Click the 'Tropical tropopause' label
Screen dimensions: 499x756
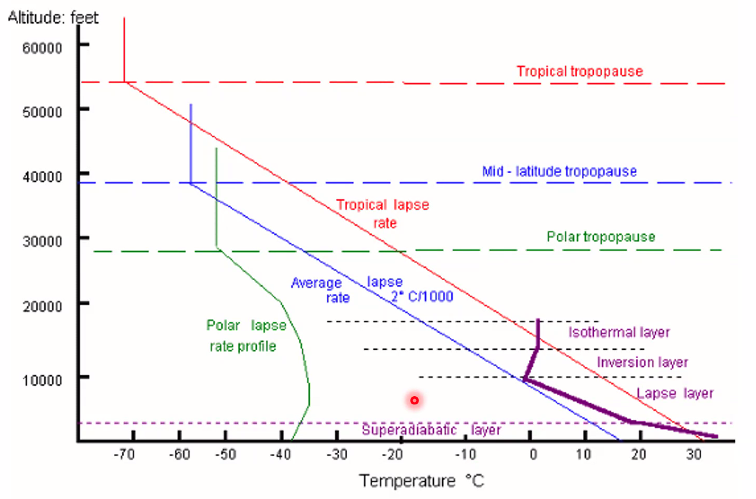click(x=579, y=71)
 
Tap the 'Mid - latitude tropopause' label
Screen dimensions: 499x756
click(x=559, y=171)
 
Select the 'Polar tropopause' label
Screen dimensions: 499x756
click(x=601, y=237)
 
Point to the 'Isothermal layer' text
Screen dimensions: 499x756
click(x=619, y=332)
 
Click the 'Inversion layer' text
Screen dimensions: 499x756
click(x=642, y=362)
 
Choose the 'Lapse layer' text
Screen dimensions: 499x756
click(x=675, y=393)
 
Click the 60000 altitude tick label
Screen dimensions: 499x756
click(x=42, y=47)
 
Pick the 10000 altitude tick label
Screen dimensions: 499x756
click(x=42, y=379)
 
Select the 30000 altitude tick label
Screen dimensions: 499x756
click(x=42, y=241)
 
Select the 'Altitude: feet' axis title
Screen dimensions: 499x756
click(x=53, y=17)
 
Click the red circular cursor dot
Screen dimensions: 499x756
click(x=414, y=401)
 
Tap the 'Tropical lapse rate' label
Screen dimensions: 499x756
click(x=382, y=214)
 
